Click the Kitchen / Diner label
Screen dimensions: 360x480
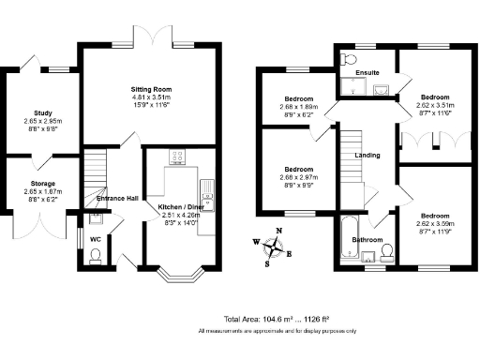[176, 205]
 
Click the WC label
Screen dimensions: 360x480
[95, 238]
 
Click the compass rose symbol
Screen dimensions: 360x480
[274, 247]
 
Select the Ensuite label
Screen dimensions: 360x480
[367, 72]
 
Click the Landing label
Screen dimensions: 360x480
[367, 155]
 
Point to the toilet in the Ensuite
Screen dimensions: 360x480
[349, 60]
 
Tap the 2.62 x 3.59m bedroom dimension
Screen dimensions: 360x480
[435, 223]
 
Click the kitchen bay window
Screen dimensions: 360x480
[177, 276]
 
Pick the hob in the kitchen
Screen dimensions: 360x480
[176, 157]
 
